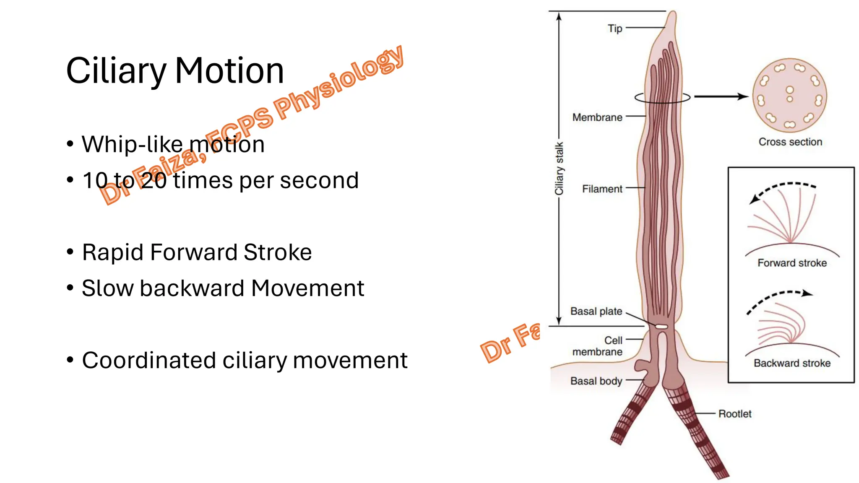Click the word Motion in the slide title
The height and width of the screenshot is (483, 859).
[229, 70]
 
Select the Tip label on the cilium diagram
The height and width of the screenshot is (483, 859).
[615, 29]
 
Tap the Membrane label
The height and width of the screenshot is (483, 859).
[597, 117]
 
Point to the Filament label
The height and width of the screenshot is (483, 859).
[602, 189]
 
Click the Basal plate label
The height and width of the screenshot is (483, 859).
[596, 311]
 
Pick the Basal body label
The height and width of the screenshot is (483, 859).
[596, 381]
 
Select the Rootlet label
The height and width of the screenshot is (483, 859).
[735, 414]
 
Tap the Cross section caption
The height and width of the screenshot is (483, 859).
[790, 142]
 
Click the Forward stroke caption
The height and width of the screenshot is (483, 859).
[792, 263]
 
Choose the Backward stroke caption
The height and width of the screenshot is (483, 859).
[792, 363]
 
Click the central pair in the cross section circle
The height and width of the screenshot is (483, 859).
[790, 94]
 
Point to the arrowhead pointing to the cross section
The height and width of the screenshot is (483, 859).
[743, 97]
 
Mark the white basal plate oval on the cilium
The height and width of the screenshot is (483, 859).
[661, 326]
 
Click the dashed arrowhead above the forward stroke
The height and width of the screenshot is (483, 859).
[755, 200]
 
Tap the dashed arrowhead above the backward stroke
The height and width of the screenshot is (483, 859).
[807, 293]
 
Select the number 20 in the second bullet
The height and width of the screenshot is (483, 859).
[154, 181]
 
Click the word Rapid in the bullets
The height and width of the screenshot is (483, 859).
[113, 252]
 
